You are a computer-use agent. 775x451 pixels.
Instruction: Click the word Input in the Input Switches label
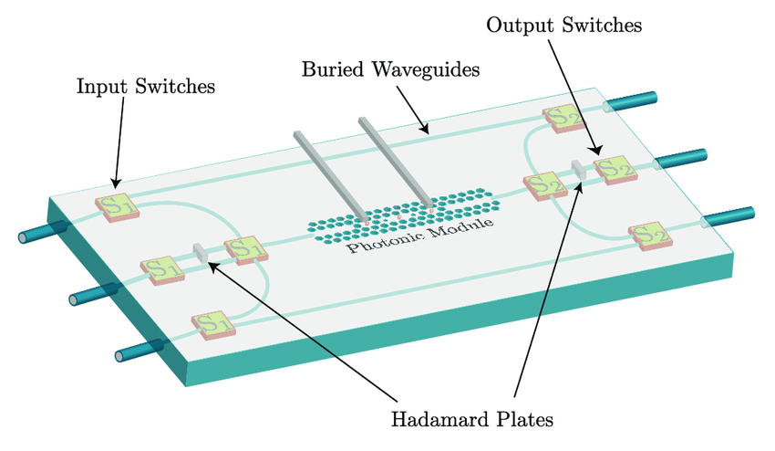(x=102, y=87)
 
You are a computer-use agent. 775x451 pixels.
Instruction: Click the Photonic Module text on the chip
(x=420, y=234)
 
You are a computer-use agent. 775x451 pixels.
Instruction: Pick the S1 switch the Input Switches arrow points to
(x=117, y=207)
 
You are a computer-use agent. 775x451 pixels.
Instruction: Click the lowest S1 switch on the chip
(x=213, y=325)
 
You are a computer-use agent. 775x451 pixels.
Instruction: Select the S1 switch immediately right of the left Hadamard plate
(x=246, y=250)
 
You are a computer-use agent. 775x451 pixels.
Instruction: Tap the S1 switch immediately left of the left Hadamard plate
(x=162, y=270)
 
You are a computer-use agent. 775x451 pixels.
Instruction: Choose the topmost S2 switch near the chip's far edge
(x=563, y=119)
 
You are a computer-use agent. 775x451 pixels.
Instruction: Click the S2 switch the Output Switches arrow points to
(x=615, y=170)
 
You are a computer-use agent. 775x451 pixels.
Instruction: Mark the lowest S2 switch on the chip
(x=650, y=236)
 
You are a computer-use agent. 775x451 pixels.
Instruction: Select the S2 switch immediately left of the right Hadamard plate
(x=545, y=186)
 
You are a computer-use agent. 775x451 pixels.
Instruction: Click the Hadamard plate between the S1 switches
(x=201, y=253)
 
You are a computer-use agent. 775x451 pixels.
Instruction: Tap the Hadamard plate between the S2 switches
(x=579, y=170)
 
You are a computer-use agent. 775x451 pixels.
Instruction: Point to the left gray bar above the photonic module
(x=331, y=176)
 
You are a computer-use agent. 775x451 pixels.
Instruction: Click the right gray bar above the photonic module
(x=397, y=163)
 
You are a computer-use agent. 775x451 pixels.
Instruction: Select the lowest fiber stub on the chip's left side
(x=139, y=350)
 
